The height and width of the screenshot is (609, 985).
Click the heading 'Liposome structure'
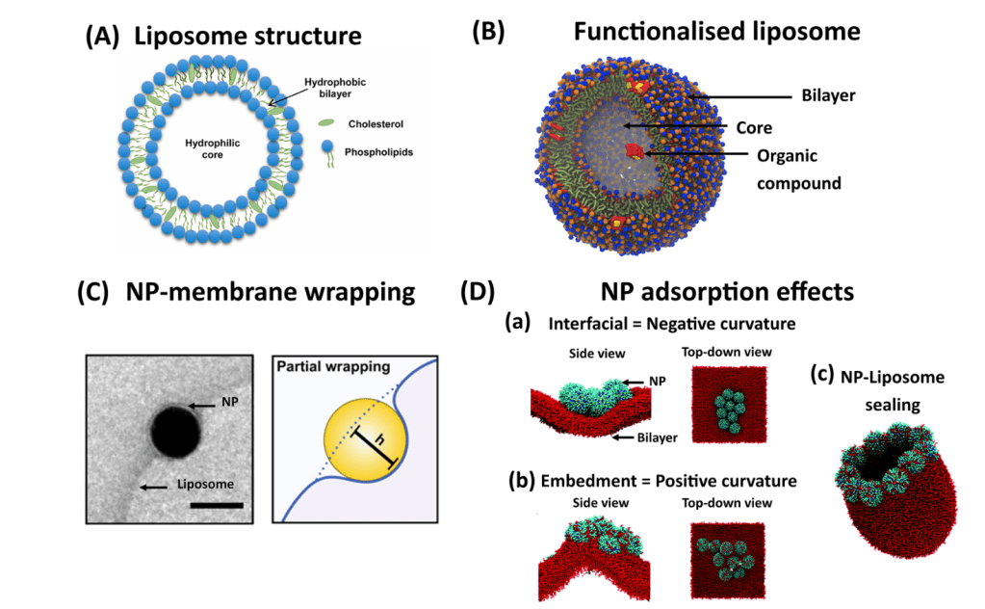[x=248, y=38]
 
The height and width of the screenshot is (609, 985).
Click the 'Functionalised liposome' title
[x=716, y=31]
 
